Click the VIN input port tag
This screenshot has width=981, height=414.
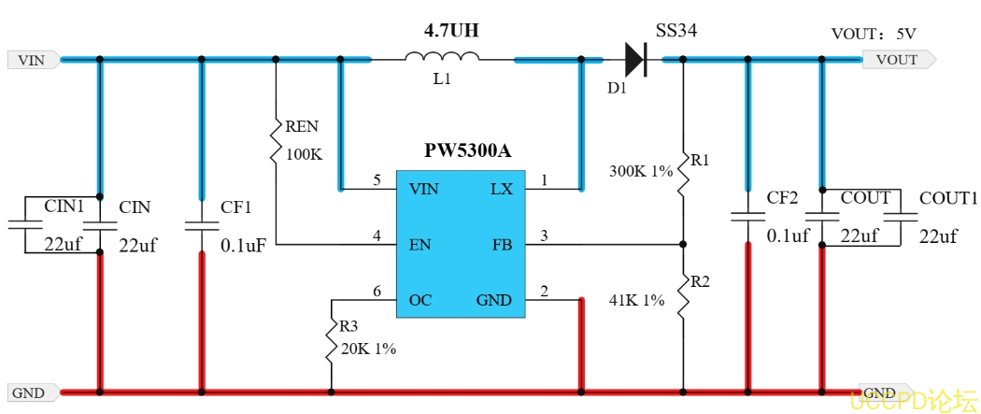pyautogui.click(x=33, y=60)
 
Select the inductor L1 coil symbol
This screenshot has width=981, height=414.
pyautogui.click(x=442, y=59)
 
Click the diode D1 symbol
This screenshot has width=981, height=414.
pyautogui.click(x=635, y=60)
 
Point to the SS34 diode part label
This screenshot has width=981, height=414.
pyautogui.click(x=675, y=32)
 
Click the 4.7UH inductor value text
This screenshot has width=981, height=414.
pyautogui.click(x=451, y=31)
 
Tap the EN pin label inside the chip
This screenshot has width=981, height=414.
pyautogui.click(x=419, y=245)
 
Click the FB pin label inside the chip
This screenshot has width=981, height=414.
pyautogui.click(x=503, y=245)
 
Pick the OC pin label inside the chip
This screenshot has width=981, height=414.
pyautogui.click(x=420, y=300)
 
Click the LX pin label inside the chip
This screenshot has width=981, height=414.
pyautogui.click(x=502, y=189)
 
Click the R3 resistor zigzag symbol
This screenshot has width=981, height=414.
pyautogui.click(x=331, y=341)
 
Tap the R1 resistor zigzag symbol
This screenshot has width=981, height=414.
pyautogui.click(x=683, y=171)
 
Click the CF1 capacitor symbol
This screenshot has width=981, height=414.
pyautogui.click(x=201, y=224)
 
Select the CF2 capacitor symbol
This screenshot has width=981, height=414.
pyautogui.click(x=746, y=217)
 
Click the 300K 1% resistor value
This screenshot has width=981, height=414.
pyautogui.click(x=641, y=172)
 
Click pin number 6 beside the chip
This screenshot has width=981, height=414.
pyautogui.click(x=377, y=293)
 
